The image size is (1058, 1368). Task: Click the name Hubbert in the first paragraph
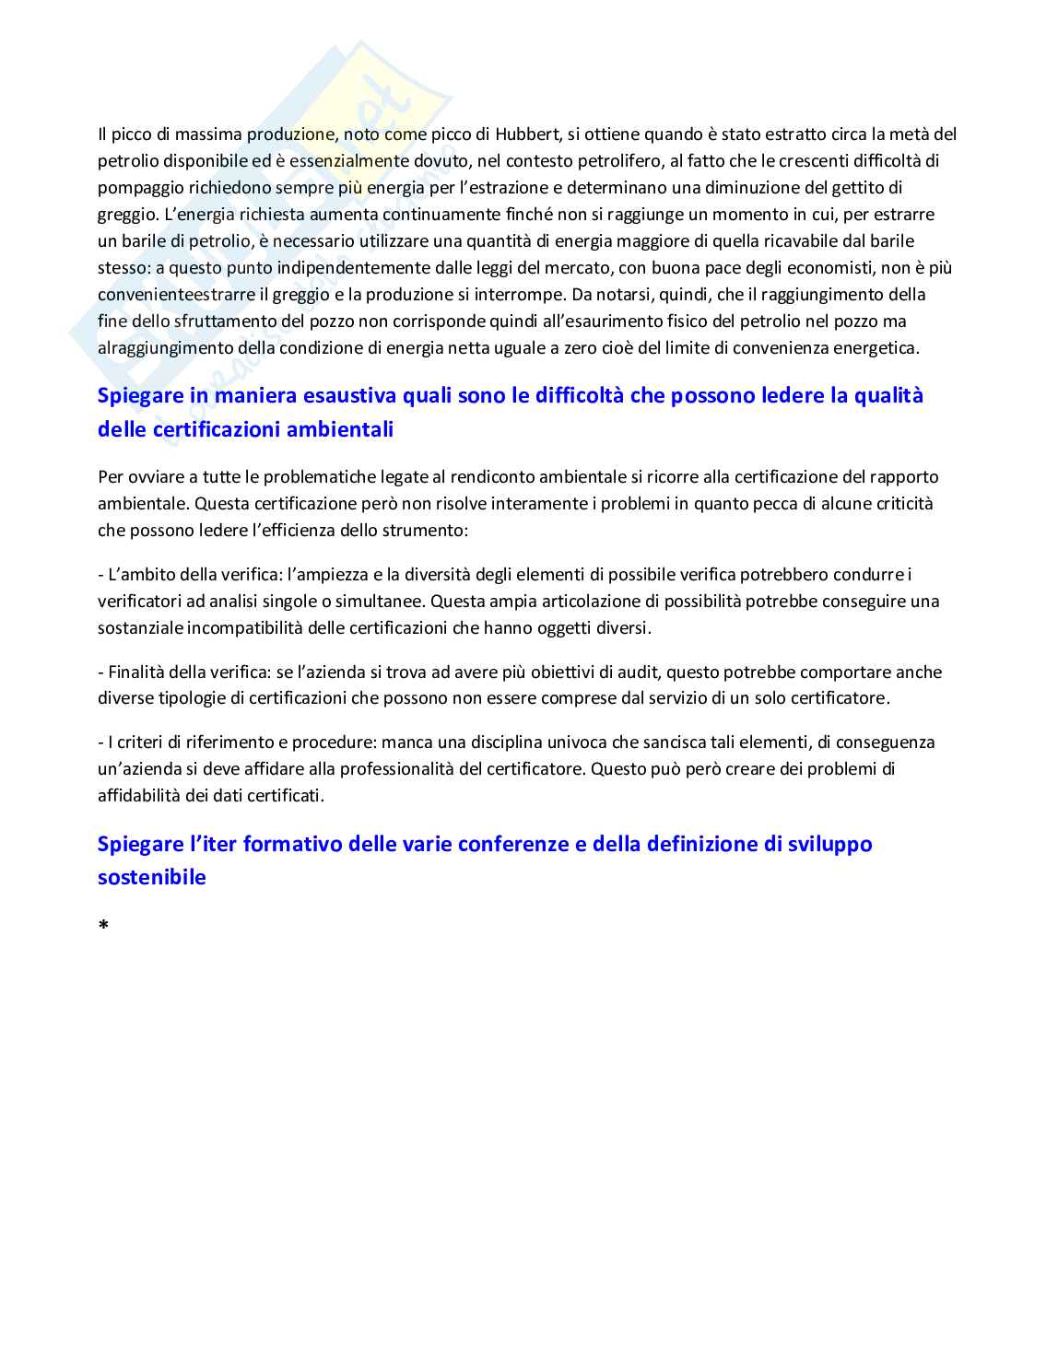tap(526, 134)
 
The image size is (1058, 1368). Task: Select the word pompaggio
tap(140, 188)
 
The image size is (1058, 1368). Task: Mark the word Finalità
tap(136, 672)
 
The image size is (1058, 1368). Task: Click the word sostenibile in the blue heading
tap(152, 877)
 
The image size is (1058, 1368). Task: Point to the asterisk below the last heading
tap(103, 925)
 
